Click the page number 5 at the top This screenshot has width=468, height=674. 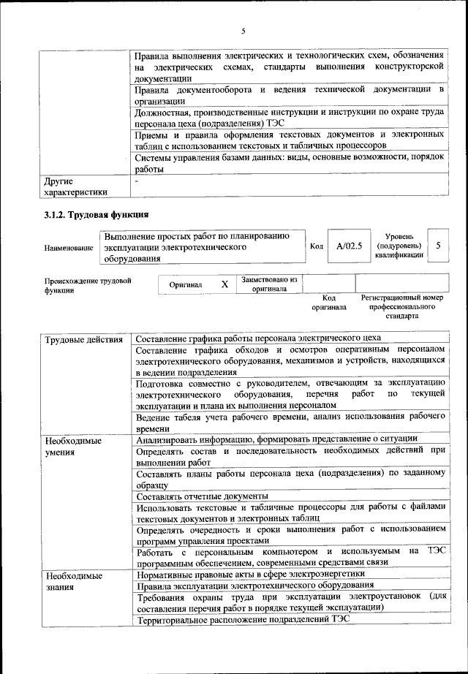243,30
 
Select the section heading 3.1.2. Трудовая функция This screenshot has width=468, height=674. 96,215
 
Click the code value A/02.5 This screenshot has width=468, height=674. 349,246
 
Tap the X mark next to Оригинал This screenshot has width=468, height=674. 224,284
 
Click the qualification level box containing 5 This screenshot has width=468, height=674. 437,246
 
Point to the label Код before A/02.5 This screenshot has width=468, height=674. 316,246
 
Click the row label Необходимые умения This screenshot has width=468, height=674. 73,447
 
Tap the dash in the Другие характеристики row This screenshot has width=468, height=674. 137,180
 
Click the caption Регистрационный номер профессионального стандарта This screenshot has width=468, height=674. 402,307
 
